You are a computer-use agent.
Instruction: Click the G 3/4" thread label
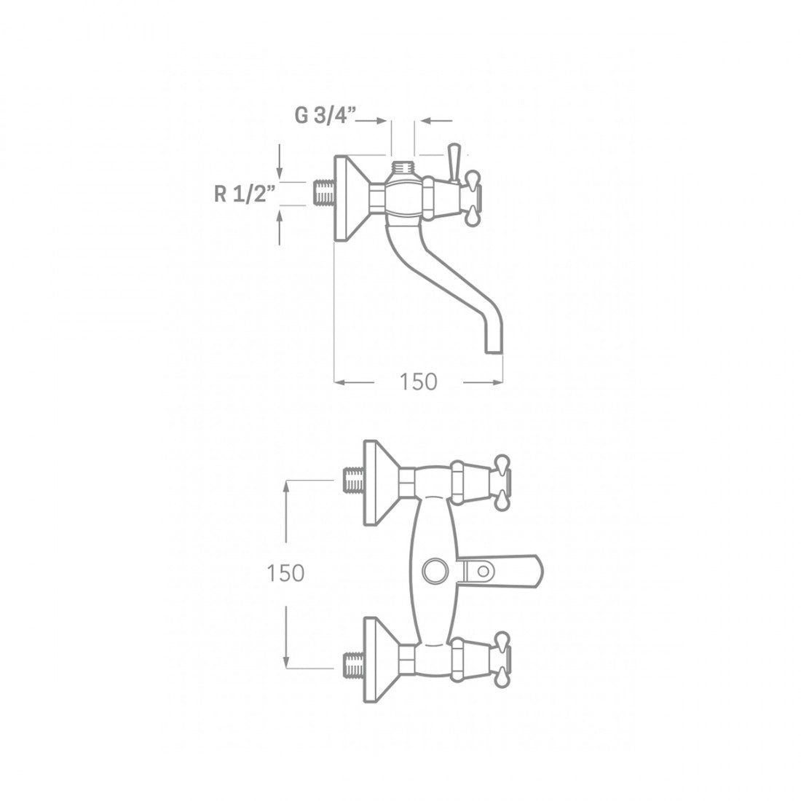tap(325, 116)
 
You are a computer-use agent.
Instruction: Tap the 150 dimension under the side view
tap(418, 382)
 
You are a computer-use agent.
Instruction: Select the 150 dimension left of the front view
tap(285, 573)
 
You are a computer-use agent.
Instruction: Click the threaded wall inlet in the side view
tap(323, 194)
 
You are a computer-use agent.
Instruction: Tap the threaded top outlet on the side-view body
tap(404, 167)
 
